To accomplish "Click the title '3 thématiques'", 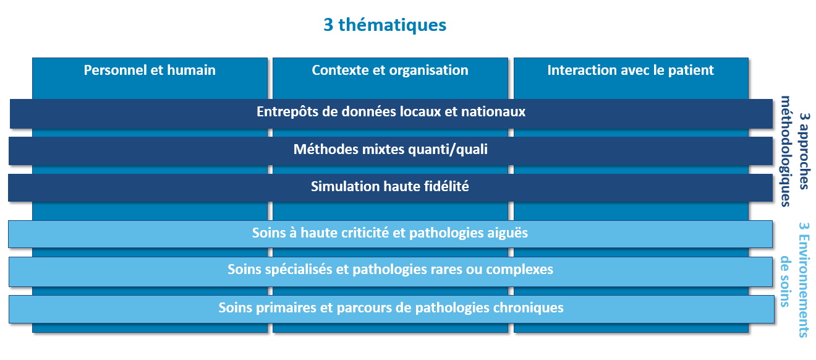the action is pos(385,25).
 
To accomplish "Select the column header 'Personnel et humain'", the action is pos(150,70).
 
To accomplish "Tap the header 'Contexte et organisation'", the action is pos(390,71).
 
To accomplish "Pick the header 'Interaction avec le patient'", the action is pos(631,71).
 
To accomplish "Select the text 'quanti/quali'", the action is pos(448,150).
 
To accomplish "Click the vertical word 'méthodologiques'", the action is pos(786,151).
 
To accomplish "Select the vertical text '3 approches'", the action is pos(805,151).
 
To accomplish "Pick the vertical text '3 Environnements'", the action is pos(804,280).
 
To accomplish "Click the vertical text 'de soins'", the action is pos(786,281).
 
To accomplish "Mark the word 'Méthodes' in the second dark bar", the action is pos(326,150).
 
